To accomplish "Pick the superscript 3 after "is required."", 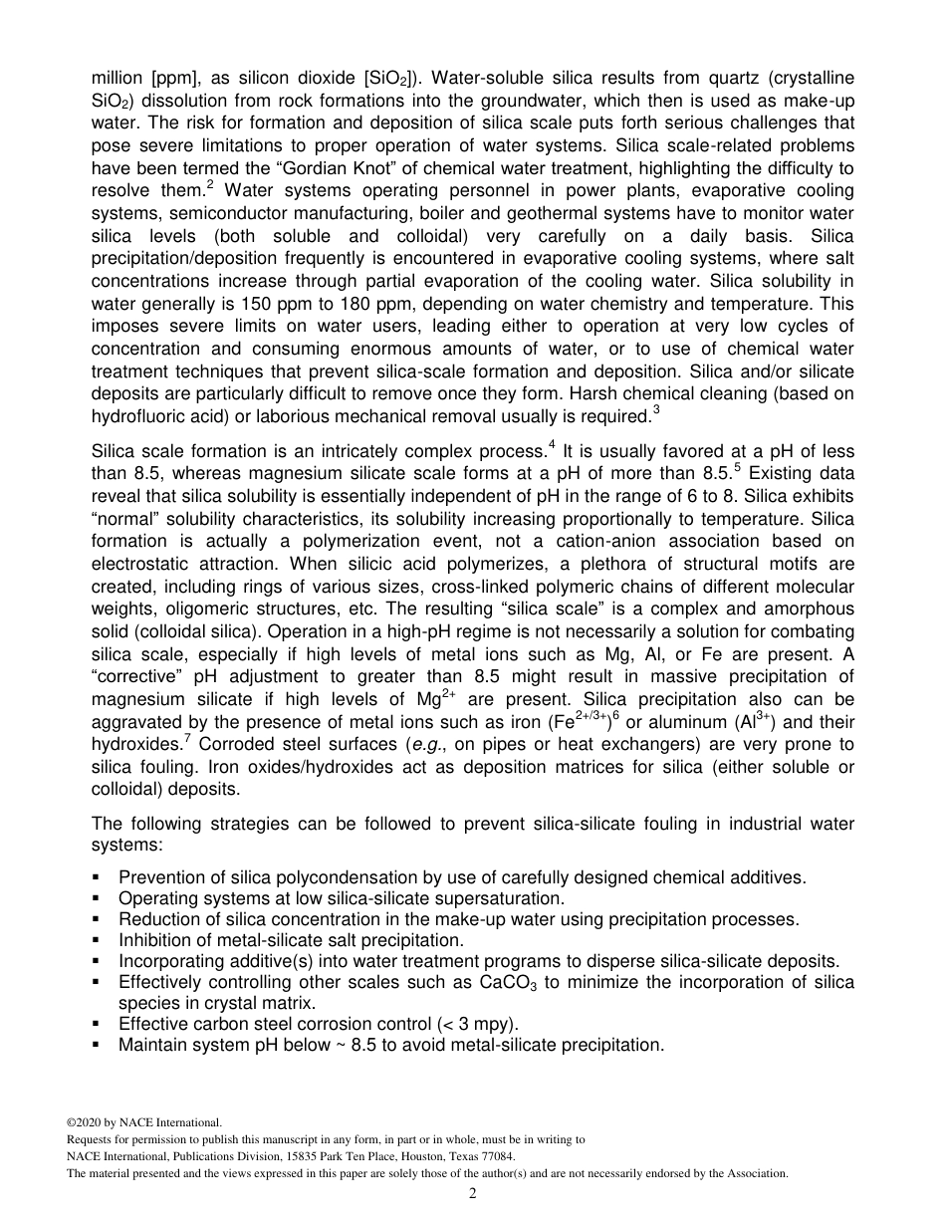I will tap(655, 409).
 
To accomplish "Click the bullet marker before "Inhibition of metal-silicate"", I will tap(97, 940).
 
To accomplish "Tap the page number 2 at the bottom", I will tap(473, 1193).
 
